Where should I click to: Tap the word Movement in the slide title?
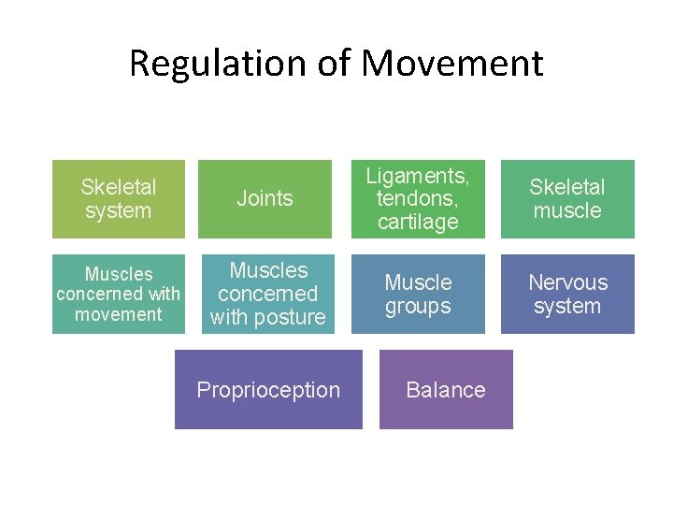point(451,64)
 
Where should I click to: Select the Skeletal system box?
point(119,199)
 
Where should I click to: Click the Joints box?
point(265,199)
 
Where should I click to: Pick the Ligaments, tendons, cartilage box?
point(418,199)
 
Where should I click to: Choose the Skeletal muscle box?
point(567,199)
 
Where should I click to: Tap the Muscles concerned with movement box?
point(119,294)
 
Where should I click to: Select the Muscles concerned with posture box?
point(268,294)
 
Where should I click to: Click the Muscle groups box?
point(418,294)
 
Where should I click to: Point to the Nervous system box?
point(567,294)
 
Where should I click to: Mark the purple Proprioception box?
point(268,390)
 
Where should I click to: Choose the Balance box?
point(446,390)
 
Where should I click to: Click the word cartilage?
point(418,223)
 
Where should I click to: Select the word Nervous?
point(567,282)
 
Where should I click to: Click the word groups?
point(418,306)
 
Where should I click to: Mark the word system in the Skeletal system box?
point(119,211)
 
